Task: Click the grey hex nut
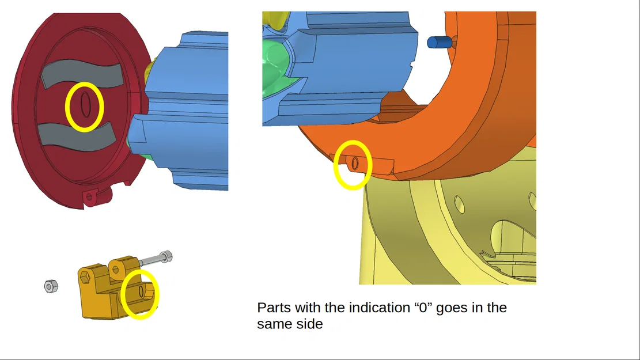click(51, 286)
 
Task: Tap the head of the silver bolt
click(167, 257)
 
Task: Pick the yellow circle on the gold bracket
click(122, 294)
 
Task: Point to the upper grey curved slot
click(82, 74)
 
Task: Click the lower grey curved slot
click(76, 137)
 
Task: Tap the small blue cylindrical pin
click(439, 42)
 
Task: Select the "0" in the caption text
click(423, 308)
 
